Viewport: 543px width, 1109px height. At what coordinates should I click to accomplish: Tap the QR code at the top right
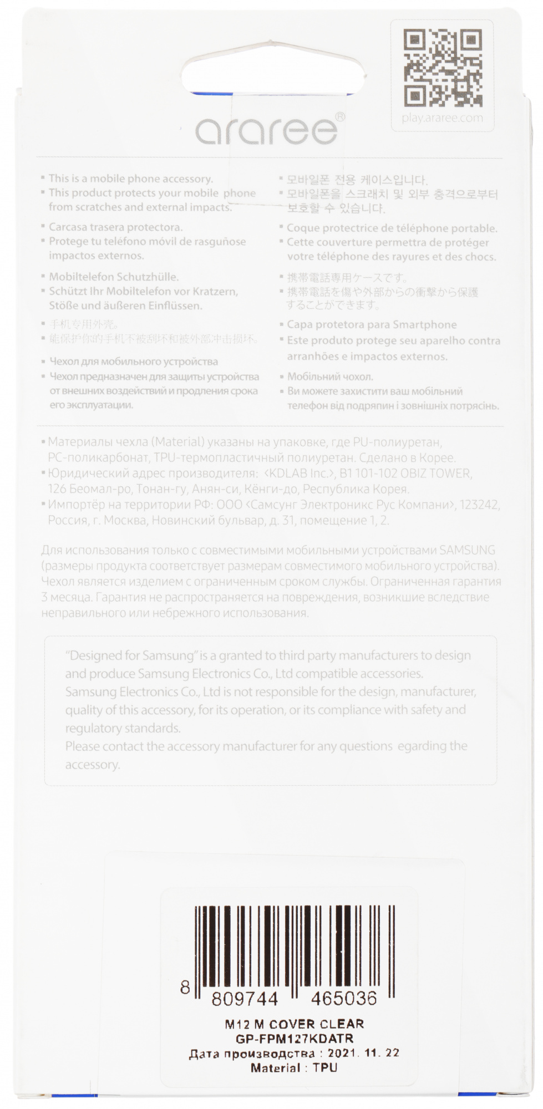443,68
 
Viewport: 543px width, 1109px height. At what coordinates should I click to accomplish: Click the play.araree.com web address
443,118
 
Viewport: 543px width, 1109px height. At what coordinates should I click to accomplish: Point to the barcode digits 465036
344,999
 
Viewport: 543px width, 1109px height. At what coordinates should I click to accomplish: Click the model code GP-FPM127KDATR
295,1039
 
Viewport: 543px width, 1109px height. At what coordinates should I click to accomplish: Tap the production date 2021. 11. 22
363,1053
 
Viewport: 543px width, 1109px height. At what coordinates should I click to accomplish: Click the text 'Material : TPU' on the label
294,1067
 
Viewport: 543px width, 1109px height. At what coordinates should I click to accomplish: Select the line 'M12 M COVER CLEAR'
295,1024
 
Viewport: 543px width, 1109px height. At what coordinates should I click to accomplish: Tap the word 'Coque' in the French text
303,228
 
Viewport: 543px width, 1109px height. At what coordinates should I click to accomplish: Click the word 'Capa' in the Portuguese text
300,324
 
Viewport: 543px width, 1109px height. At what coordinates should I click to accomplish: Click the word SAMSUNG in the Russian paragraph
467,551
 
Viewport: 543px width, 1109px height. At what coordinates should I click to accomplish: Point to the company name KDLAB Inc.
300,474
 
